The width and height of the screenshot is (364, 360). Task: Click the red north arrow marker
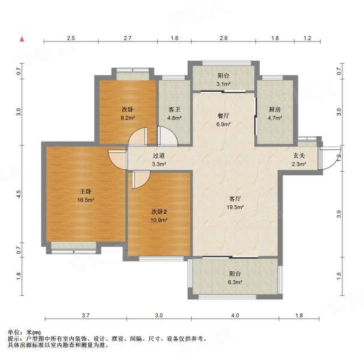click(x=22, y=39)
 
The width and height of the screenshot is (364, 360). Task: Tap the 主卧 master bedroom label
click(x=85, y=191)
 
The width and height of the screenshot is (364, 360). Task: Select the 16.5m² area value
click(x=86, y=200)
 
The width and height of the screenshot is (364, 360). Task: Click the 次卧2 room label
click(x=159, y=212)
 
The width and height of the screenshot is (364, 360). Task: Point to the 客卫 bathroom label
click(x=175, y=109)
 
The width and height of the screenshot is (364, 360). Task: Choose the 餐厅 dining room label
click(x=223, y=116)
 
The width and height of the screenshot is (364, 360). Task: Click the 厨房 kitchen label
click(x=275, y=109)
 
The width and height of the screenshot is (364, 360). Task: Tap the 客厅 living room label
click(x=235, y=199)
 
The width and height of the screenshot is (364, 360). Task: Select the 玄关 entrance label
click(x=299, y=155)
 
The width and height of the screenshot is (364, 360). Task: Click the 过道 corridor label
click(x=159, y=155)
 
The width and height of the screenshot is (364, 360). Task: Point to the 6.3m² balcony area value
click(x=235, y=282)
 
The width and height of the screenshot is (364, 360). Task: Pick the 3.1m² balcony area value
click(x=223, y=84)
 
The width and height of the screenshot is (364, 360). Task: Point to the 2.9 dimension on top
click(x=224, y=38)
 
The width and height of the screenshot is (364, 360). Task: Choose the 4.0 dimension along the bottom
click(x=235, y=316)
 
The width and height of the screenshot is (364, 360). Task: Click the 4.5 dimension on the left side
click(x=19, y=194)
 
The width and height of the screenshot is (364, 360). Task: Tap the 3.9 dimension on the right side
click(x=339, y=214)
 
